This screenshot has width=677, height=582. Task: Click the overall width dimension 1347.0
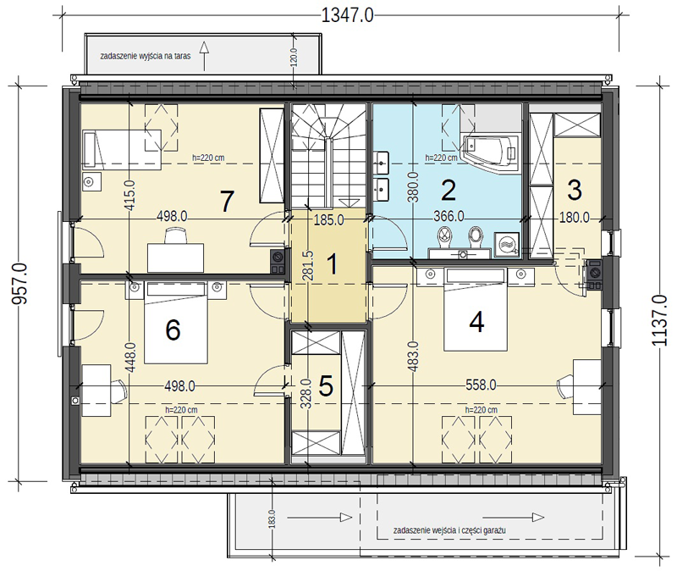[x=348, y=15]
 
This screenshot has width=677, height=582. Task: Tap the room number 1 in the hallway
[x=332, y=264]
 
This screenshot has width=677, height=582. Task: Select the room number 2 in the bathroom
[x=449, y=190]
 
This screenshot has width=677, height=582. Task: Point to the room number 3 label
[x=575, y=190]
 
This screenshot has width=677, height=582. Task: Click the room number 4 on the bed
[x=476, y=322]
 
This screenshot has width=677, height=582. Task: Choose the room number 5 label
[x=326, y=385]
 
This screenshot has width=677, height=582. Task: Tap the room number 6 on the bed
[x=173, y=330]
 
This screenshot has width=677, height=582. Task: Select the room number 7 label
[x=227, y=201]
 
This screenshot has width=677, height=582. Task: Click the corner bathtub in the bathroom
[x=491, y=154]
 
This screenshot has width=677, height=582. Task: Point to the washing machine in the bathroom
[x=507, y=246]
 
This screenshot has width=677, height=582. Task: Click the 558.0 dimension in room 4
[x=481, y=385]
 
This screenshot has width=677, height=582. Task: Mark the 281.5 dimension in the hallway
[x=308, y=265]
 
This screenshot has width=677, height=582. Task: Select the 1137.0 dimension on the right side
[x=659, y=320]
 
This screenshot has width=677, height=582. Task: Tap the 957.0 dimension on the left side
[x=19, y=284]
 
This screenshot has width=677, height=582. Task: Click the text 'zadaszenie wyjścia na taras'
[x=146, y=56]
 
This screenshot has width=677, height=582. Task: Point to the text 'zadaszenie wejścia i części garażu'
[x=449, y=530]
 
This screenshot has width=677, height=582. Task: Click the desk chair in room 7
[x=176, y=236]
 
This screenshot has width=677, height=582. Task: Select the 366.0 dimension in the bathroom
[x=449, y=217]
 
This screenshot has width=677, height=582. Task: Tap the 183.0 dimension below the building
[x=272, y=518]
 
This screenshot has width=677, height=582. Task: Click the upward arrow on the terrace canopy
[x=204, y=56]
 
